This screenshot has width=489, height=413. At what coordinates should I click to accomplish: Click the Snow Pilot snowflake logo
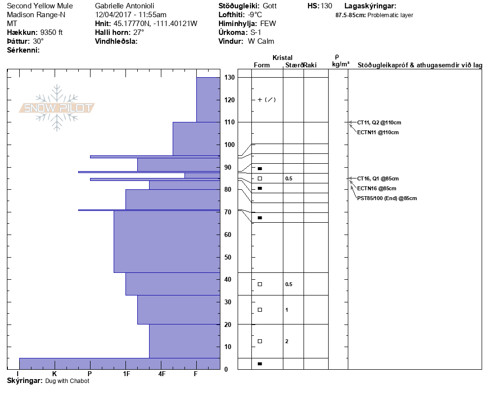point(57,108)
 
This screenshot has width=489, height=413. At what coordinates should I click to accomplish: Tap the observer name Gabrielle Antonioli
point(124,6)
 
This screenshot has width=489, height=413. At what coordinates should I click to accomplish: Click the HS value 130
point(326,6)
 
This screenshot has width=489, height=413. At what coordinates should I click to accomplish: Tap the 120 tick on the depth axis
point(229,100)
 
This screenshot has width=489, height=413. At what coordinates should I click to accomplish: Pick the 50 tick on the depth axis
point(229,257)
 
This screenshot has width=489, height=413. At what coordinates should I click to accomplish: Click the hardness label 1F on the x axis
point(126,374)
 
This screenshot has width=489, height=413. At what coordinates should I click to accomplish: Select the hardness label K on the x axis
point(54,374)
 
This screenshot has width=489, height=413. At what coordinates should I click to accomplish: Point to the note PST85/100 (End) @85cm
point(387,198)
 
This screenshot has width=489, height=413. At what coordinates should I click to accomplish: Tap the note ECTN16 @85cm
point(376,188)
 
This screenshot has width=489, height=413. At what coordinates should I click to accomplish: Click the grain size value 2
point(287,341)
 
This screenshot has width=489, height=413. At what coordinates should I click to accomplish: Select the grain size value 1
point(287,310)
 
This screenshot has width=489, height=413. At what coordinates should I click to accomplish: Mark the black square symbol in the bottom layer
point(260,364)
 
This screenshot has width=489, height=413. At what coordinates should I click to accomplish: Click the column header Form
point(262,65)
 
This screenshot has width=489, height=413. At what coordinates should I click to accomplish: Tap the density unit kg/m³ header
point(340,64)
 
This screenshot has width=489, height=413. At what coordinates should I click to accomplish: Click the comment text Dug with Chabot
point(67,381)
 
